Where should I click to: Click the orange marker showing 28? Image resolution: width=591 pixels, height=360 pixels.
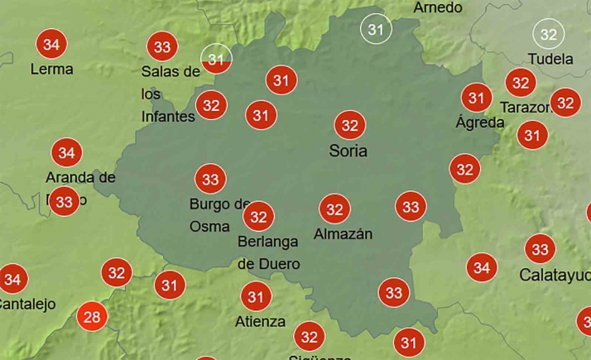(92, 317)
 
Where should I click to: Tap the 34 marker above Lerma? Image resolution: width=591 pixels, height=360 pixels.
(52, 44)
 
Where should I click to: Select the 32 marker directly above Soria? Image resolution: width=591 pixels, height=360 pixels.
(349, 125)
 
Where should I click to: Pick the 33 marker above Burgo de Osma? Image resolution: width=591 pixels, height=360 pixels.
(210, 179)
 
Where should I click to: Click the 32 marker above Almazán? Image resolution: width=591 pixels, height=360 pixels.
(334, 209)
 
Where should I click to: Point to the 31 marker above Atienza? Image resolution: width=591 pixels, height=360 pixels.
(256, 296)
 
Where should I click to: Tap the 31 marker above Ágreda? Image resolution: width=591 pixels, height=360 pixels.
(476, 98)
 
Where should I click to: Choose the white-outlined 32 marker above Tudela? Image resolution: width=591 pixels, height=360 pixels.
(548, 34)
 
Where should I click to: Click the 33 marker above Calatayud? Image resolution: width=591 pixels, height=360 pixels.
(540, 249)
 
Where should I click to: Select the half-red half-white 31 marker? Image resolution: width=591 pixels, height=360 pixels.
(216, 59)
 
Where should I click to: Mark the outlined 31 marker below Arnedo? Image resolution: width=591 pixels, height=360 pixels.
(377, 30)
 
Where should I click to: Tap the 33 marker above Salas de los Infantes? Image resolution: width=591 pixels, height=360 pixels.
(162, 47)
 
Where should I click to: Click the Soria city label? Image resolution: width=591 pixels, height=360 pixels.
(348, 151)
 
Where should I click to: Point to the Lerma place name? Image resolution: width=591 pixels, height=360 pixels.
(51, 70)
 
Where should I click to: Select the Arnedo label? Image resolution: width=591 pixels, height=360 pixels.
(438, 7)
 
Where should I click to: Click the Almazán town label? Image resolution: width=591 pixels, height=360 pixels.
(343, 234)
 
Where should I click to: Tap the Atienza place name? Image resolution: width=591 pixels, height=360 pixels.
(260, 321)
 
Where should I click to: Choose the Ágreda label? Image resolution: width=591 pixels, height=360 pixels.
(479, 122)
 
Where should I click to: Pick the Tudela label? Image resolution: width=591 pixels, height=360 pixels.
(550, 59)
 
